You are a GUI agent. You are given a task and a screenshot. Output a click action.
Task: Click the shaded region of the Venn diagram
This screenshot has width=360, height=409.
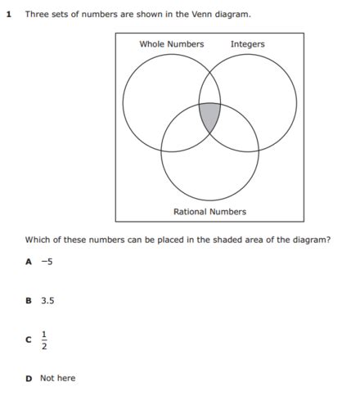pos(209,117)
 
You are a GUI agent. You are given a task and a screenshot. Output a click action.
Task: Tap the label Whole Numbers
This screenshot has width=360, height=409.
pos(172,44)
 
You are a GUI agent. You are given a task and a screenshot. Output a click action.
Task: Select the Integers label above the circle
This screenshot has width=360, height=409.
pos(248,44)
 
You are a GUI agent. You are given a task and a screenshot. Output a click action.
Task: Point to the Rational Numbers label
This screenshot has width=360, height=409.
pos(209,212)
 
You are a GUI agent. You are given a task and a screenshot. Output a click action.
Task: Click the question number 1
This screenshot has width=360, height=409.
pos(8,15)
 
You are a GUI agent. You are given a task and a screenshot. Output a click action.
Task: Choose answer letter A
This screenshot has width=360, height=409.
pos(29,262)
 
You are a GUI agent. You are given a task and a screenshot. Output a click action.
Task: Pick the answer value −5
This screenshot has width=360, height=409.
pos(47,262)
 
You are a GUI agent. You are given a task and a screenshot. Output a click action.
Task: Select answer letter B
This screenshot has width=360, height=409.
pos(29,301)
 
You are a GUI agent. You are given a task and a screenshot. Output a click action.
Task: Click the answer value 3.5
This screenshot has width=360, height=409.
pos(47,301)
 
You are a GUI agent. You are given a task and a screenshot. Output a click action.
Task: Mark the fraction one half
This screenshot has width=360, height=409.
pos(45,339)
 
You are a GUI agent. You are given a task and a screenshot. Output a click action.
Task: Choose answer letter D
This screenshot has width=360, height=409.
pos(29,378)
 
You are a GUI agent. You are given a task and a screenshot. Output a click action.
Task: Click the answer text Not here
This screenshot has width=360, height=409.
pos(57,378)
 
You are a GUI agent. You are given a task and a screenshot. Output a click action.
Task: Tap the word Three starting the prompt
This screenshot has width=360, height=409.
pos(38,15)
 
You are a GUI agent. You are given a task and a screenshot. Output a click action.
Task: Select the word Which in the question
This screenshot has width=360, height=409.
pos(38,240)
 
